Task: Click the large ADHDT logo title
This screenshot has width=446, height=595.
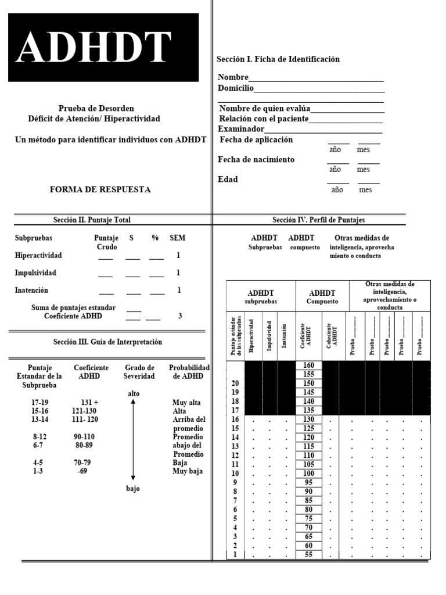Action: tap(95, 47)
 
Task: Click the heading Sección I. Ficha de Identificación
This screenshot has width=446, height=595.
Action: tap(278, 59)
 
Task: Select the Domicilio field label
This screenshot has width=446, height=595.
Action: tap(235, 88)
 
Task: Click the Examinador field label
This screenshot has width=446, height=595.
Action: tap(241, 128)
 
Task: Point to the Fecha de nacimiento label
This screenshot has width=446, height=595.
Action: tap(256, 159)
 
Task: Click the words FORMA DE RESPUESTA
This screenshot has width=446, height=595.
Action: tap(100, 189)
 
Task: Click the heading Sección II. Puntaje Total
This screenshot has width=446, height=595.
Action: tap(92, 220)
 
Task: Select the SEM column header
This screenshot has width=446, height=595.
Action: tap(178, 238)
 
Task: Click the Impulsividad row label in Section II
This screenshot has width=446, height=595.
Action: tap(35, 273)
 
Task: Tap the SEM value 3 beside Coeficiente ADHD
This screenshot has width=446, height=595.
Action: tap(180, 316)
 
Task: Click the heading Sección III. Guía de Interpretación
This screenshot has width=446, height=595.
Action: tap(107, 342)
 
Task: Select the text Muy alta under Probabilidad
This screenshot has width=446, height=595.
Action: tap(186, 402)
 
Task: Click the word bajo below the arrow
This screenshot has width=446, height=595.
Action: tap(133, 488)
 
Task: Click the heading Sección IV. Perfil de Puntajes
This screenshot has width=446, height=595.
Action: tap(318, 220)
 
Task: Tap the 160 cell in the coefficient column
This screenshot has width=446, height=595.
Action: tap(309, 365)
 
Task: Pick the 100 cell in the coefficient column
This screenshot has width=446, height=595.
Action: tap(309, 474)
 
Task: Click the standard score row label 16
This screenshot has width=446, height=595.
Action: tap(235, 420)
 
